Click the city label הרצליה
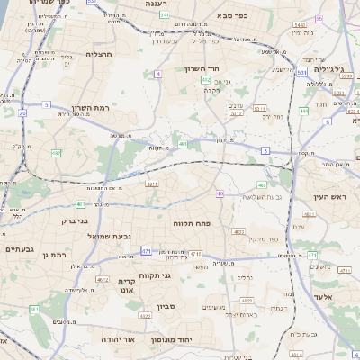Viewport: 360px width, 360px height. pos(99,54)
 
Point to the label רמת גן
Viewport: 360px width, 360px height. pos(55,256)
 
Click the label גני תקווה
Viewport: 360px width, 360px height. pos(155,275)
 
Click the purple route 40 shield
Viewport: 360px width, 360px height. pos(220,193)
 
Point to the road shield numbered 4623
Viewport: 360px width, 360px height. pos(238,231)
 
